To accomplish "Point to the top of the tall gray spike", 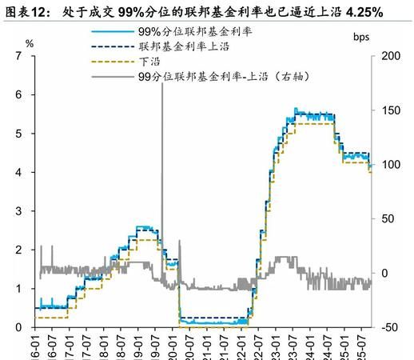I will pyautogui.click(x=162, y=83).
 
